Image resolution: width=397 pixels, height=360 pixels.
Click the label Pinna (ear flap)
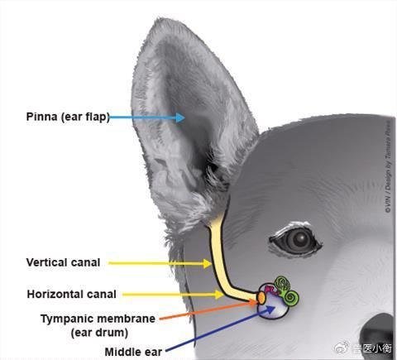(68, 117)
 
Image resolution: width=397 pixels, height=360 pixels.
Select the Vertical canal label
(63, 262)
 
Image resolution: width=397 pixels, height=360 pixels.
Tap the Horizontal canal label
(71, 294)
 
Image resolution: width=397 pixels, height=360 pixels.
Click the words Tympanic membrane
(98, 319)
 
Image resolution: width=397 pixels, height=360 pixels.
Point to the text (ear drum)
(99, 333)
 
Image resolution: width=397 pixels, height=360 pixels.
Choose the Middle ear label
(133, 352)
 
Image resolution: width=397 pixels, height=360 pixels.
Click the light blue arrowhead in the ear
(180, 118)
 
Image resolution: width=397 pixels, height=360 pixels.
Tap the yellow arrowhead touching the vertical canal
(208, 263)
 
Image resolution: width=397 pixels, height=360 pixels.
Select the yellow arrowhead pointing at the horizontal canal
(219, 295)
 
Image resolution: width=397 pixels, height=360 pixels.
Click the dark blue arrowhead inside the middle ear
(270, 309)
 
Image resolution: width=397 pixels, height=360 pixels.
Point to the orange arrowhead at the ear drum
(254, 303)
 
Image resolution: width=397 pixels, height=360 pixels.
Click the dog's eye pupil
(300, 239)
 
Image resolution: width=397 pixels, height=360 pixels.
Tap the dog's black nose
(378, 334)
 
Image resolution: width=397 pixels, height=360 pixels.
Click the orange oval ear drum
(261, 298)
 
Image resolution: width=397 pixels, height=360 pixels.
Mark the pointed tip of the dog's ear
(159, 19)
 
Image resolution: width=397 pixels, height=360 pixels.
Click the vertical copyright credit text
(388, 167)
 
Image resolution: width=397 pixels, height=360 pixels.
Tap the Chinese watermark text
(371, 348)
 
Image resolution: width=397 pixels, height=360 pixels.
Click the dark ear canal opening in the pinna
(212, 167)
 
